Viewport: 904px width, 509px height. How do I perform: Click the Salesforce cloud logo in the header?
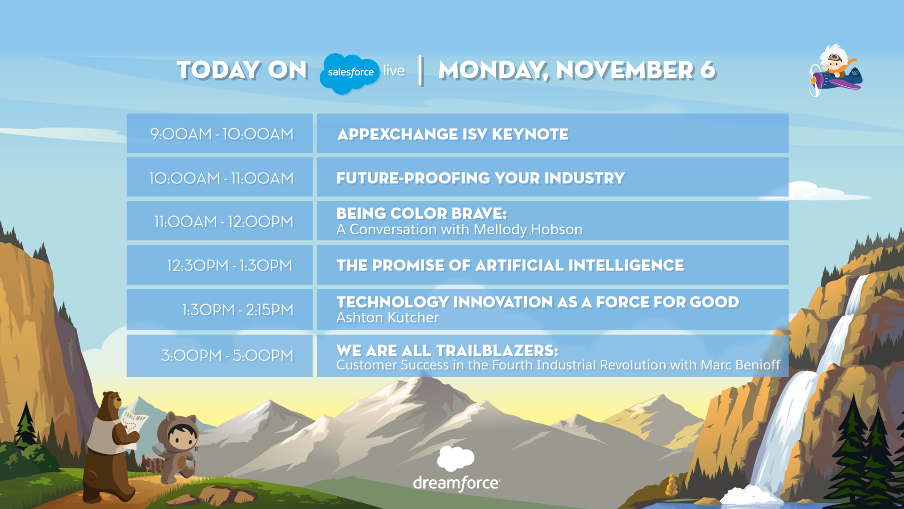(x=349, y=73)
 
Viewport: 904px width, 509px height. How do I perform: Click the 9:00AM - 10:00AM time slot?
(x=222, y=134)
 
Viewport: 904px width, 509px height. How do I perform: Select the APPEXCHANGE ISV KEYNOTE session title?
(x=453, y=134)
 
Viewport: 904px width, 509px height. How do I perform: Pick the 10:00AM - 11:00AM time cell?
(x=221, y=178)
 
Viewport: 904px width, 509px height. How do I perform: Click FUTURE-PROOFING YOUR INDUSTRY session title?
(x=481, y=178)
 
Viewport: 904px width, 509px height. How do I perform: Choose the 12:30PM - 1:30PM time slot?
(x=230, y=265)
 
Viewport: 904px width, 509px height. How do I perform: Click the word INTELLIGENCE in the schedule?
(x=626, y=265)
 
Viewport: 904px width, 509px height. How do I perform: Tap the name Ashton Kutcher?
(x=387, y=318)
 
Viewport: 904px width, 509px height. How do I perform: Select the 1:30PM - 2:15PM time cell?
(x=238, y=310)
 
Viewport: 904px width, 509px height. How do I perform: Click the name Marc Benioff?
(x=741, y=365)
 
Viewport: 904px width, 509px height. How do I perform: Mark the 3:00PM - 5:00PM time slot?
(x=227, y=355)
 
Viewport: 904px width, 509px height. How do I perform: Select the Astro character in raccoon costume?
(x=178, y=448)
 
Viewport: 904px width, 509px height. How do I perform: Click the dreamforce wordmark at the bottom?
(x=456, y=483)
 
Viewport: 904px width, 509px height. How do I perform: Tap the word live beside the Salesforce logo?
(x=394, y=71)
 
